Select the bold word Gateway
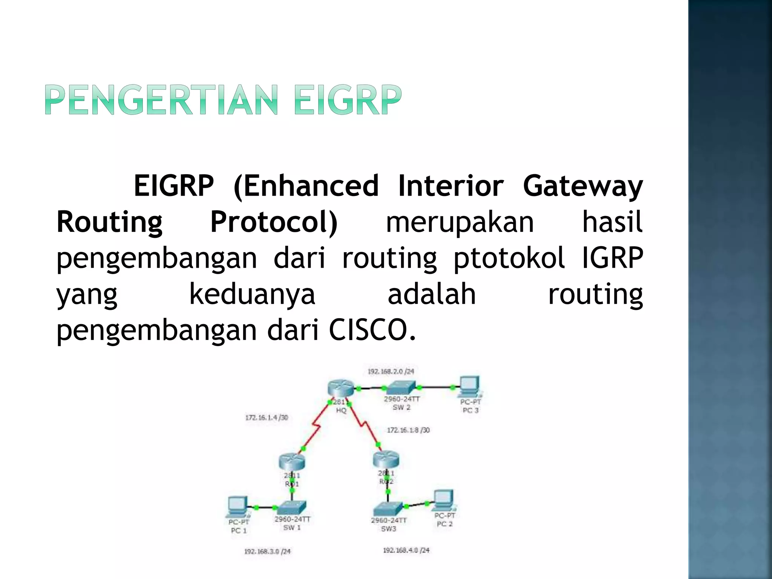pyautogui.click(x=582, y=186)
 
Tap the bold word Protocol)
pyautogui.click(x=274, y=222)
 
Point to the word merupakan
pyautogui.click(x=460, y=222)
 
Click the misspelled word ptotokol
pyautogui.click(x=509, y=258)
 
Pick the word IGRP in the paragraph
pyautogui.click(x=612, y=258)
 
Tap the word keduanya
pyautogui.click(x=252, y=294)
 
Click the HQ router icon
pyautogui.click(x=341, y=388)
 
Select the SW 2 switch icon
pyautogui.click(x=402, y=388)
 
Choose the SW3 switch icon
pyautogui.click(x=388, y=510)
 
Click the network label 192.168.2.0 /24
pyautogui.click(x=391, y=371)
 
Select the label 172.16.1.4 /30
pyautogui.click(x=267, y=417)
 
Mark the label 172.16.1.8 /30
pyautogui.click(x=408, y=430)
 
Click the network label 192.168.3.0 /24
pyautogui.click(x=267, y=551)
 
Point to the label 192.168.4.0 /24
pyautogui.click(x=406, y=550)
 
